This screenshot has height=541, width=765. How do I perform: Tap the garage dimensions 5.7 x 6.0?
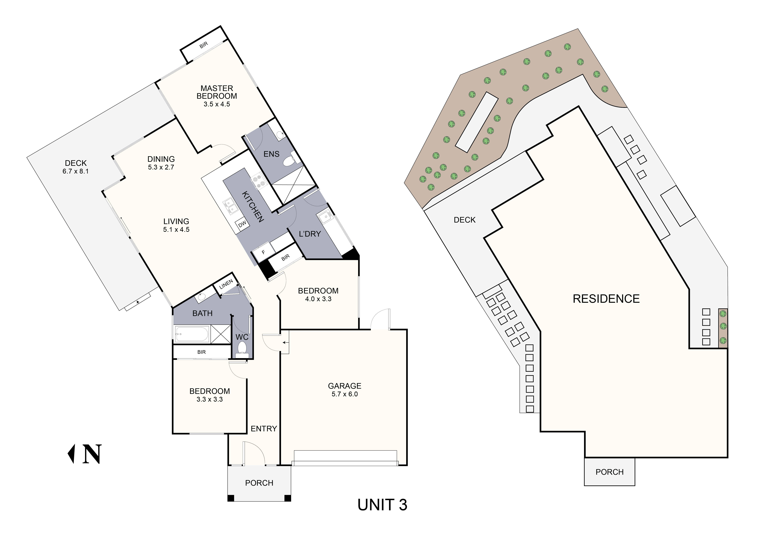pos(344,394)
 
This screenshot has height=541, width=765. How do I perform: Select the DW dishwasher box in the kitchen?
pos(242,224)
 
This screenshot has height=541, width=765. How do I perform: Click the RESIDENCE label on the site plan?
pos(606,299)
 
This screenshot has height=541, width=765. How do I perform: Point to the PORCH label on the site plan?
pos(609,472)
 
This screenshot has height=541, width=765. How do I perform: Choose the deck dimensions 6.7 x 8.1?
pos(76,171)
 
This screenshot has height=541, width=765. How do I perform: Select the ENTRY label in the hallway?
pos(264,429)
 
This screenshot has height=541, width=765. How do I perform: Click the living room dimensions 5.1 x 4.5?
pos(176,229)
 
